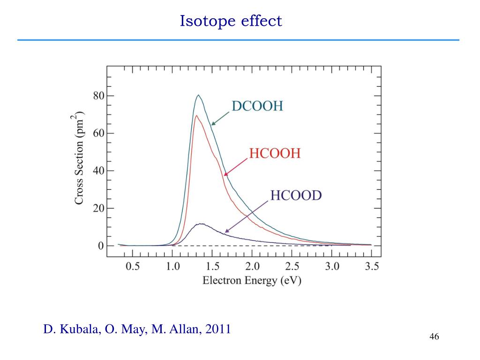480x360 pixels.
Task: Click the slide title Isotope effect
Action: [231, 21]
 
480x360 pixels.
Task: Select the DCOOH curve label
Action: [257, 106]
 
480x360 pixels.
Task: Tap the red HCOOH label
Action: [274, 153]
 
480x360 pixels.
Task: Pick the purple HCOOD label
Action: [296, 195]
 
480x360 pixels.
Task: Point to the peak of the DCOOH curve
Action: [198, 96]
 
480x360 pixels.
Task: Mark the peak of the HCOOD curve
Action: [201, 224]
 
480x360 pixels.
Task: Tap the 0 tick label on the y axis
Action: [100, 246]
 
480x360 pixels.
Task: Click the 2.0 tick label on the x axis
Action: [252, 267]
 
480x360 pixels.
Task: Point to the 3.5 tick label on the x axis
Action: [372, 267]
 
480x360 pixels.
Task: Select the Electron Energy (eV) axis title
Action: [252, 281]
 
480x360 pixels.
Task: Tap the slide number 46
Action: [434, 337]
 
